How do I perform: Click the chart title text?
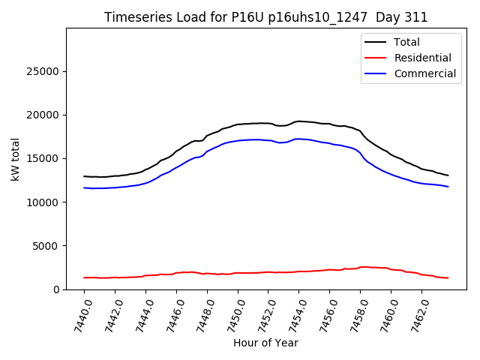[x=266, y=17]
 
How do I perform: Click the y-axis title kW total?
[x=15, y=159]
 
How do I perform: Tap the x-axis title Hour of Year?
[x=265, y=343]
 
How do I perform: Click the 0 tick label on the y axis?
[x=57, y=289]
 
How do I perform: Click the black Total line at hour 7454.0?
[x=299, y=121]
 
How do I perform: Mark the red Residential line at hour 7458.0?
[x=360, y=267]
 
